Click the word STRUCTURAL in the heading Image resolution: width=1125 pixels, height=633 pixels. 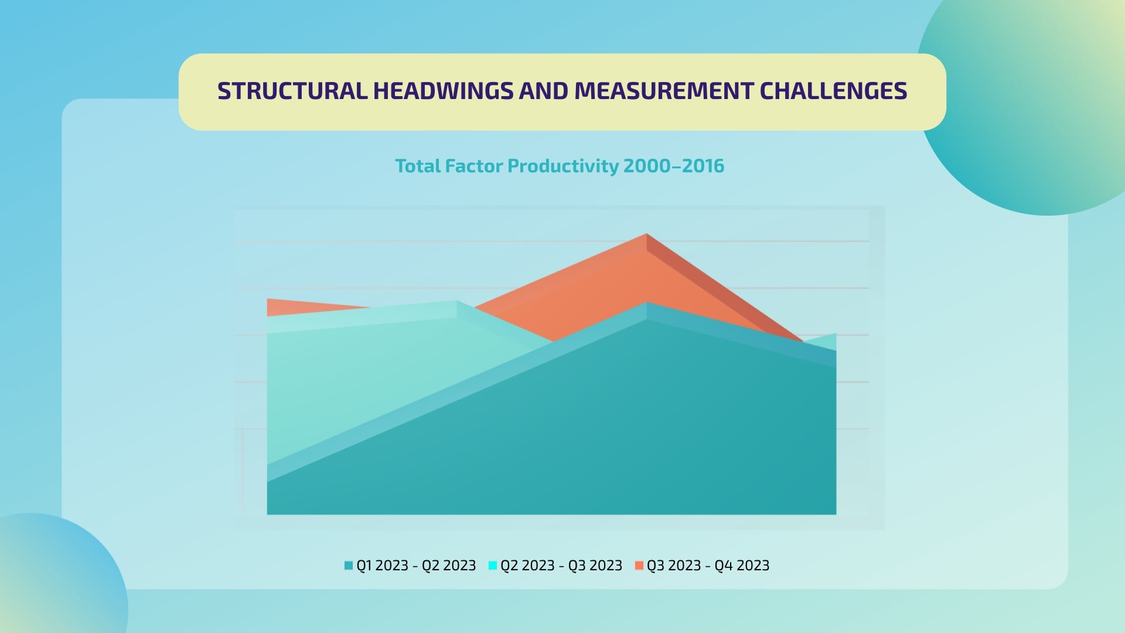point(292,91)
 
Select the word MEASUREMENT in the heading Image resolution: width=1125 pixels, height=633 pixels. point(663,91)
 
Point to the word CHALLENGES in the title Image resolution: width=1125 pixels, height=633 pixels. point(833,91)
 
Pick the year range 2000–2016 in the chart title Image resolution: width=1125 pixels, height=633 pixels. point(674,166)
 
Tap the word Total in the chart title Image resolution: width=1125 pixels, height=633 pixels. point(418,166)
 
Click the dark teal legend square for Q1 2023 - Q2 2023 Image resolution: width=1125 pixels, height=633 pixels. point(349,566)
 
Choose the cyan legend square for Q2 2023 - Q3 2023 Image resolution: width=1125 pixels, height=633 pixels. point(493,566)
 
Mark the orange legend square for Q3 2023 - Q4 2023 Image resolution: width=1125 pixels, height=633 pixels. point(639,566)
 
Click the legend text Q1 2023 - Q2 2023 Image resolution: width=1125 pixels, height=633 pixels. point(416,566)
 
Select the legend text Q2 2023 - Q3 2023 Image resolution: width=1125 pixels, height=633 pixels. point(561,566)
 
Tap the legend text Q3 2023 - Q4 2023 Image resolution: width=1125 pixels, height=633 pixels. point(708,566)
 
